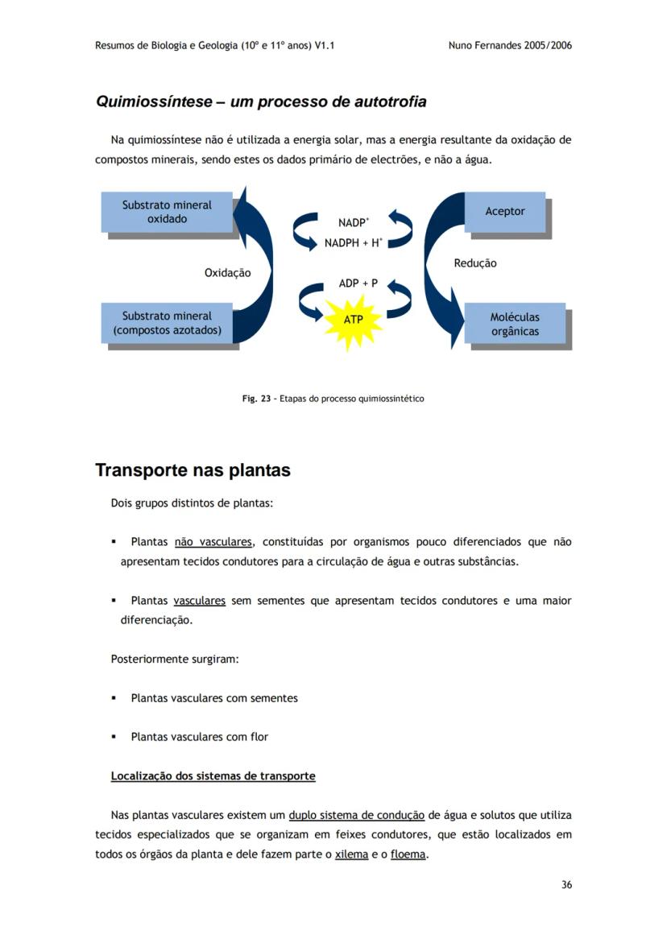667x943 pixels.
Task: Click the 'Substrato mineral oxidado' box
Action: pyautogui.click(x=167, y=212)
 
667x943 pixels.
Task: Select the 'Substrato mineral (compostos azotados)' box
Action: pyautogui.click(x=168, y=323)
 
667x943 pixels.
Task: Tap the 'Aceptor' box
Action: pyautogui.click(x=505, y=212)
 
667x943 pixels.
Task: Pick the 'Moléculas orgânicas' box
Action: pyautogui.click(x=515, y=324)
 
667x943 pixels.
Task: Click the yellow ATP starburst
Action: pyautogui.click(x=353, y=320)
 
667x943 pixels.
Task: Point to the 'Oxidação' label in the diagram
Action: pyautogui.click(x=227, y=273)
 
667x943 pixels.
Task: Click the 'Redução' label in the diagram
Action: pyautogui.click(x=475, y=263)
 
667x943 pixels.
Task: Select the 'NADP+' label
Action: pyautogui.click(x=354, y=222)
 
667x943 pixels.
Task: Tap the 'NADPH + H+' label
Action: pyautogui.click(x=353, y=242)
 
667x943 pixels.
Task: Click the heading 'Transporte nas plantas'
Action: pyautogui.click(x=193, y=470)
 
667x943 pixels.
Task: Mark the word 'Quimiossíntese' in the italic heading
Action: pyautogui.click(x=153, y=102)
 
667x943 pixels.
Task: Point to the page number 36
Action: pyautogui.click(x=566, y=885)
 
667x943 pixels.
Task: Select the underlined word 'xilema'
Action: pyautogui.click(x=351, y=854)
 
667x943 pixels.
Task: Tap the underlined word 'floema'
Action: pyautogui.click(x=408, y=854)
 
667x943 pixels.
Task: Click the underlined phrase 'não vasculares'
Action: pyautogui.click(x=213, y=542)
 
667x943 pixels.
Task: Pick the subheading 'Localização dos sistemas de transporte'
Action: pyautogui.click(x=213, y=776)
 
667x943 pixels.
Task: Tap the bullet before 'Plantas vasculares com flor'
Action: pyautogui.click(x=114, y=737)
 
